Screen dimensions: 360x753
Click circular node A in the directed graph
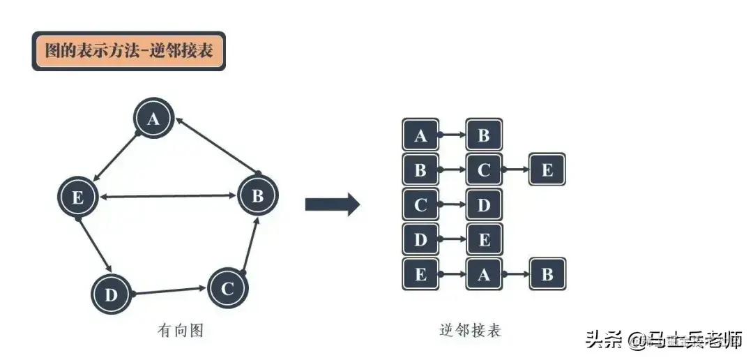tap(154, 119)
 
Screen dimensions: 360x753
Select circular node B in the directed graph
tap(258, 196)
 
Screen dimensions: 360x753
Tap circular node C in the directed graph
tap(228, 287)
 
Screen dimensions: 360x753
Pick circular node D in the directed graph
tap(111, 294)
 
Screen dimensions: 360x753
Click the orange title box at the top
tap(129, 51)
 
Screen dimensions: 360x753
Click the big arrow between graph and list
tap(332, 205)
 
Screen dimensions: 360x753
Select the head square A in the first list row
tap(420, 135)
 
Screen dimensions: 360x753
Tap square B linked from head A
tap(484, 135)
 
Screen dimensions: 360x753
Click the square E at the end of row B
tap(547, 170)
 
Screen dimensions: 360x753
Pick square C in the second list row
tap(484, 170)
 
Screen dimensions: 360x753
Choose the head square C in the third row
tap(420, 205)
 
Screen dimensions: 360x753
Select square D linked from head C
tap(484, 205)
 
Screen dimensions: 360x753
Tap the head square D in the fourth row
tap(420, 240)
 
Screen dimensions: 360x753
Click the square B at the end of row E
tap(547, 274)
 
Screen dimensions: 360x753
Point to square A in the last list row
tap(484, 274)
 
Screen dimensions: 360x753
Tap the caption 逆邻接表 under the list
tap(471, 330)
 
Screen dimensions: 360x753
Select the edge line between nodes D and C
tap(169, 290)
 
